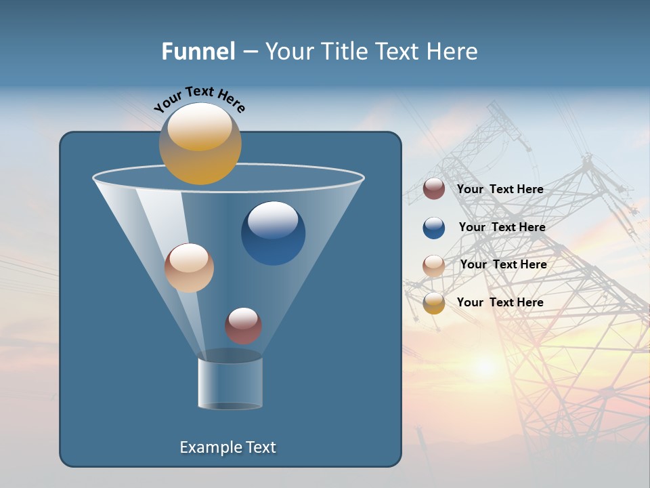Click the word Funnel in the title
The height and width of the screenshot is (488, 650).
(x=198, y=52)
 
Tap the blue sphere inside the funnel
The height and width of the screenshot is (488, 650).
(x=273, y=234)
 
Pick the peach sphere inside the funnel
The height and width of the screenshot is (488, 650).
(x=189, y=268)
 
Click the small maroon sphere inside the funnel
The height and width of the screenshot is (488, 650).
(x=243, y=325)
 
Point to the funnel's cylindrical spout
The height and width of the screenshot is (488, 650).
(x=230, y=384)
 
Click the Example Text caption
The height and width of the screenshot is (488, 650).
(x=227, y=447)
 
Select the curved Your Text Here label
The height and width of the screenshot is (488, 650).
(x=199, y=98)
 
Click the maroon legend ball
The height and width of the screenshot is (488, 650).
(x=434, y=189)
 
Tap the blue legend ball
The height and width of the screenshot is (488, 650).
(x=434, y=228)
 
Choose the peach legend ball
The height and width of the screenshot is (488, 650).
(x=434, y=266)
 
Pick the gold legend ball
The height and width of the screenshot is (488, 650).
(x=434, y=303)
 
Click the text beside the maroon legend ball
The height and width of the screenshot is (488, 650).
(x=500, y=189)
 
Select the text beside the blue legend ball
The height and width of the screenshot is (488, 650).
(x=502, y=227)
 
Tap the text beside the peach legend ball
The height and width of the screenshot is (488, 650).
(x=503, y=264)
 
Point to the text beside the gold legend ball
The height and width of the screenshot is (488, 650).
(x=500, y=302)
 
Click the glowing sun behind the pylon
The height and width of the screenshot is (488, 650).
(x=485, y=367)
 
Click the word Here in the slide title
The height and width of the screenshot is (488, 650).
(x=454, y=52)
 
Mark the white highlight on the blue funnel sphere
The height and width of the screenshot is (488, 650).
(x=273, y=220)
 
